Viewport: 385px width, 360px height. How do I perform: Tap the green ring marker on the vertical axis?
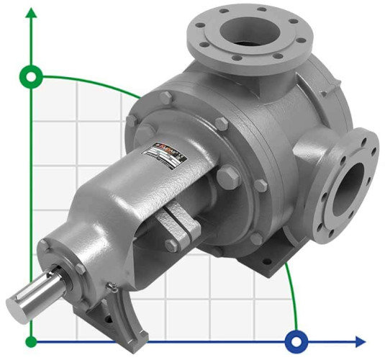coord(31,75)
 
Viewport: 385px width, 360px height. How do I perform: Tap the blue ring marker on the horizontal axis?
coord(296,340)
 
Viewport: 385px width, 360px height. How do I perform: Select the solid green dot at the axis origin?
coord(31,340)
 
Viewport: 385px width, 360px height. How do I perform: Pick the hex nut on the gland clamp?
coord(173,246)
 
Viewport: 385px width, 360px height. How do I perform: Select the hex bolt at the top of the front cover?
coord(167,98)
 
